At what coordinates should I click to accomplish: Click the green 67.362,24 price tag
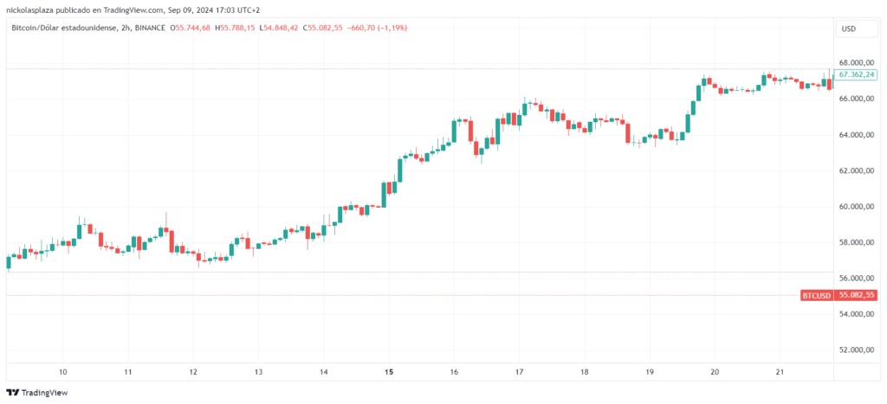(856, 75)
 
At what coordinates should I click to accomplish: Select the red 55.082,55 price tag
(856, 295)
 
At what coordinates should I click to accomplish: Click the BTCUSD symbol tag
(816, 295)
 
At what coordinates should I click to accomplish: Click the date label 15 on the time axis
(389, 372)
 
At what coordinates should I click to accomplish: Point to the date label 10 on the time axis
(63, 372)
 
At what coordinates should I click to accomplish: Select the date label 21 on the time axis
(780, 372)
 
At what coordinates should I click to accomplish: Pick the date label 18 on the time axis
(585, 372)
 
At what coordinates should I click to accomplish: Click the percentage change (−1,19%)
(389, 28)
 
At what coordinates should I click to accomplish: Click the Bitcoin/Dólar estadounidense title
(65, 28)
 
